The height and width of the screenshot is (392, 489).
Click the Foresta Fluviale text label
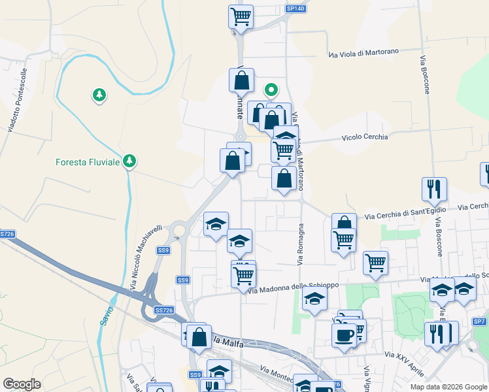click(88, 163)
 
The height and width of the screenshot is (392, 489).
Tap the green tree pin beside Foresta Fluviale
click(129, 161)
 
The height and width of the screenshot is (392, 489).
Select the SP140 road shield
click(295, 8)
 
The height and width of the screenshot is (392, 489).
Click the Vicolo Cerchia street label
click(365, 137)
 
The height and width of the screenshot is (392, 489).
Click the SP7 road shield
click(480, 321)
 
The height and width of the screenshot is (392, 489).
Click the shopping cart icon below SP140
click(241, 16)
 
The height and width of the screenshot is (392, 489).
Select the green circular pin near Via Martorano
click(271, 90)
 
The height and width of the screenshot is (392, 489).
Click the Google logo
click(22, 384)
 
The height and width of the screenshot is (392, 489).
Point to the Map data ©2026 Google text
click(448, 387)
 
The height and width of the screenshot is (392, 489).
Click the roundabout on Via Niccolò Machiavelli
click(178, 231)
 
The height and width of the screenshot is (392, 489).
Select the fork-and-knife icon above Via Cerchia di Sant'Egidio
click(434, 189)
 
